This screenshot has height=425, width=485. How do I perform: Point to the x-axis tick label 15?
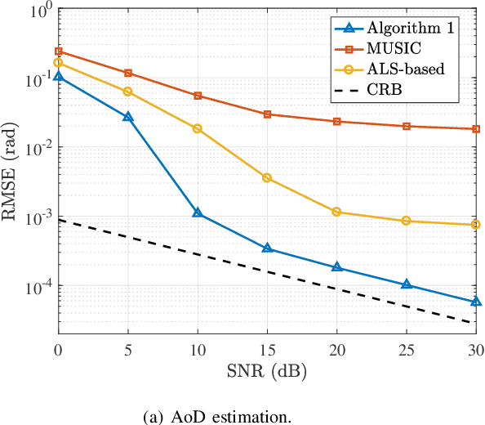267,350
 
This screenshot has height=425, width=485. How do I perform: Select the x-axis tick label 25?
407,350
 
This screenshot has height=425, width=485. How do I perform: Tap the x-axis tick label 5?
127,350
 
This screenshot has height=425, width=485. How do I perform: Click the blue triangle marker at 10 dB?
198,212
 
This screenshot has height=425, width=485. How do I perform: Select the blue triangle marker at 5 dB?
127,117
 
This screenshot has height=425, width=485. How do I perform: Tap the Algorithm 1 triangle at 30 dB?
477,302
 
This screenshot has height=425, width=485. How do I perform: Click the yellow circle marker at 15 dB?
267,177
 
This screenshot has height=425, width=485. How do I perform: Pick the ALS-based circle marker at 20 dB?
337,212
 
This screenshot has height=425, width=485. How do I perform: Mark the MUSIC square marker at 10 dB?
198,96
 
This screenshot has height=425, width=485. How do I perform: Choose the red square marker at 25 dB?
407,126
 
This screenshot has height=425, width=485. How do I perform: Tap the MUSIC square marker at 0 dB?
57,51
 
